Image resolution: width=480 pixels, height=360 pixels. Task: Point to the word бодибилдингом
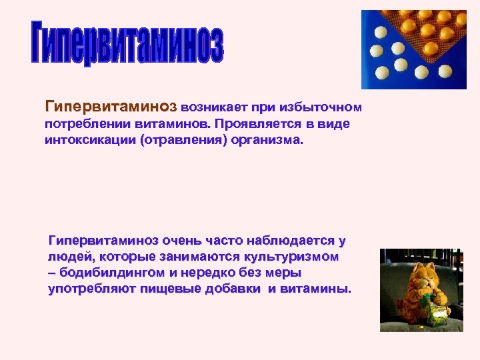[111, 273]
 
